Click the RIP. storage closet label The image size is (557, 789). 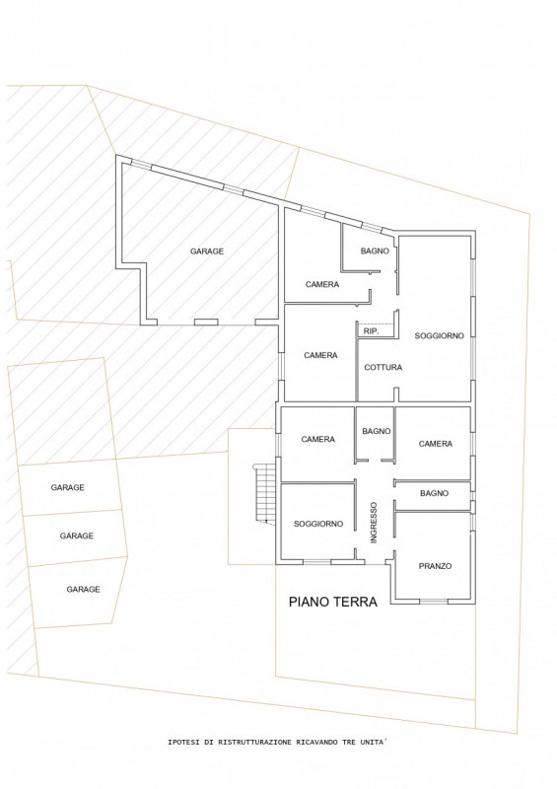coord(371,331)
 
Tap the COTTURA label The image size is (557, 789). coord(383,367)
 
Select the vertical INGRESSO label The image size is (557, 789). coord(374,523)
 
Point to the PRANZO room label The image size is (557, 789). coord(435,566)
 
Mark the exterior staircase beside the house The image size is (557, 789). coord(266,494)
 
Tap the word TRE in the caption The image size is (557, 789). coord(349,743)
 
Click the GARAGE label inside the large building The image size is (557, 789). coord(207,251)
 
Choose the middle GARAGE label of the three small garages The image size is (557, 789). coord(77,536)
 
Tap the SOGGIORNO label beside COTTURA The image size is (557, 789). coord(439,335)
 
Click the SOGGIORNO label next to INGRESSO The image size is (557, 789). coord(318,524)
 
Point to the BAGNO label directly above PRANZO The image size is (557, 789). coord(434,494)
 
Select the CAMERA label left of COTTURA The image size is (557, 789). coord(320,355)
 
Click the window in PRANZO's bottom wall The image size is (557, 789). coord(433,602)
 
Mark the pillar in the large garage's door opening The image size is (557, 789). coord(206,323)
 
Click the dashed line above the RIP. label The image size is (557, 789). coord(375,323)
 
